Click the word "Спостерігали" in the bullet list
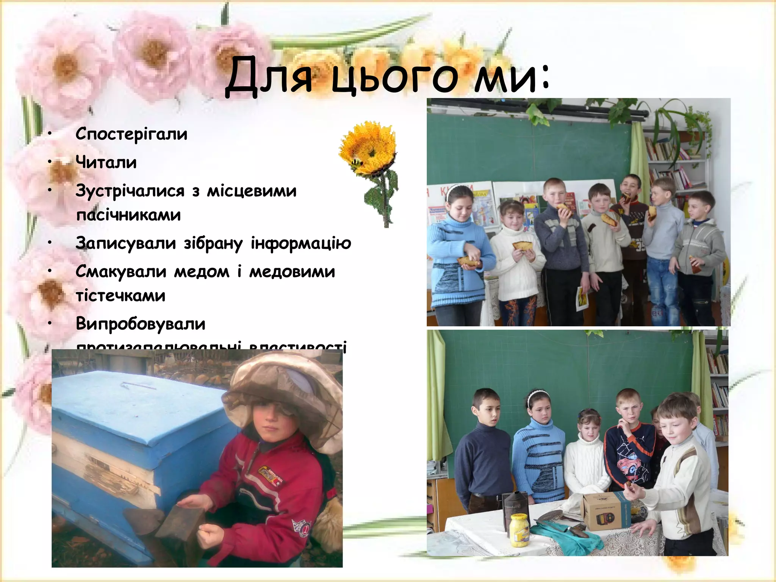click(x=131, y=134)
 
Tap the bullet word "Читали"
click(x=106, y=162)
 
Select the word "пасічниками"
click(x=128, y=215)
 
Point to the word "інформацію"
click(x=301, y=243)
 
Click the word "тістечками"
click(x=120, y=296)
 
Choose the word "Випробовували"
click(x=140, y=324)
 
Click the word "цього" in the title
click(x=394, y=78)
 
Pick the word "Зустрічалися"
click(x=130, y=191)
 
